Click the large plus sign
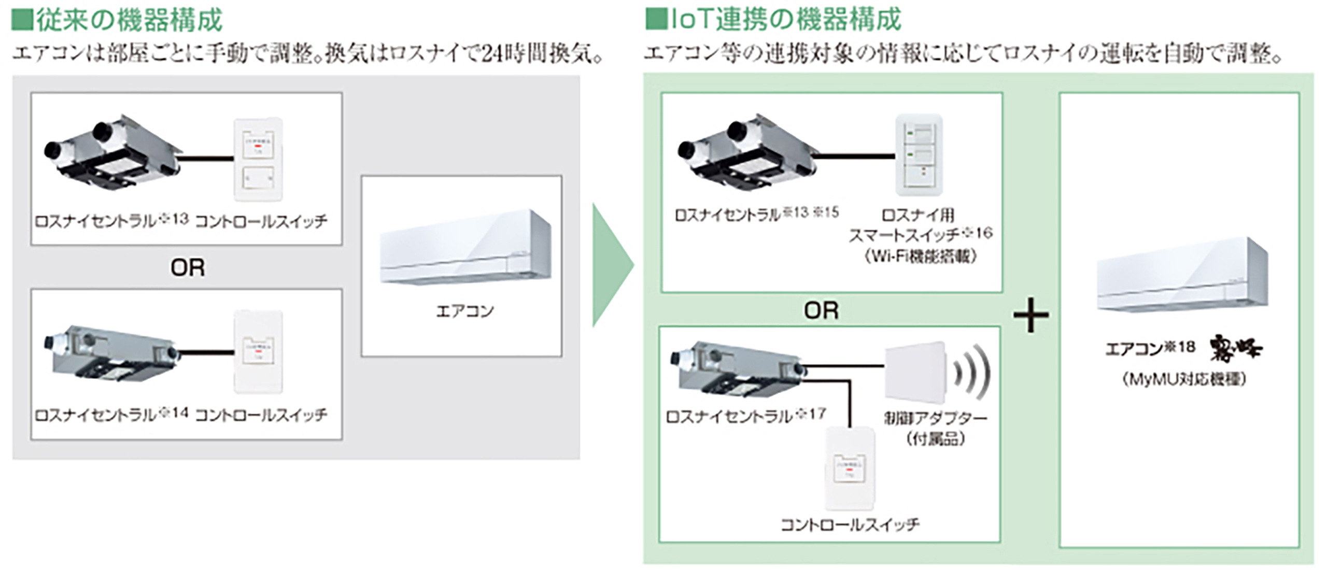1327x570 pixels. click(1030, 315)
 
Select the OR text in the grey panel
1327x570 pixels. click(188, 268)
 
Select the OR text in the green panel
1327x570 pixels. click(821, 311)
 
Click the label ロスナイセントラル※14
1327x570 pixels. click(111, 415)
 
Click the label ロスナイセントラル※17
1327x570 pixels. click(745, 416)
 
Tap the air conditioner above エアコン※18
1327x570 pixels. click(1182, 275)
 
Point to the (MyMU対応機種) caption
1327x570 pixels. click(1184, 380)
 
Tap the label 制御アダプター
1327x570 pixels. click(935, 418)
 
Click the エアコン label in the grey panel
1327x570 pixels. click(464, 311)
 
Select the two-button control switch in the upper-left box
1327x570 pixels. click(258, 159)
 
